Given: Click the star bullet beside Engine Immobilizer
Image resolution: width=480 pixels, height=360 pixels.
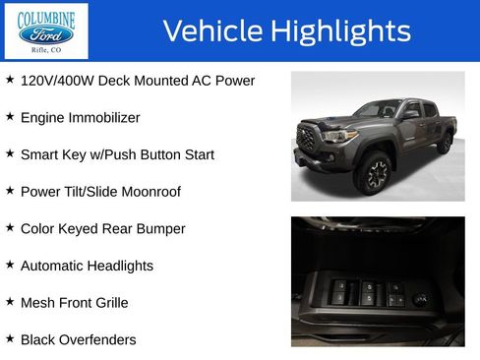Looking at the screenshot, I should pos(10,116).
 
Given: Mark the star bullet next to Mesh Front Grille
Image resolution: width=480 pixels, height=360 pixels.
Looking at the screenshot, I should pos(10,302).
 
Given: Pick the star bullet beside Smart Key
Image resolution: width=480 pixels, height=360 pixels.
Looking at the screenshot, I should pos(10,153).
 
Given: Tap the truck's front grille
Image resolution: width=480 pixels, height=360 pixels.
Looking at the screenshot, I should pos(306,139).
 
